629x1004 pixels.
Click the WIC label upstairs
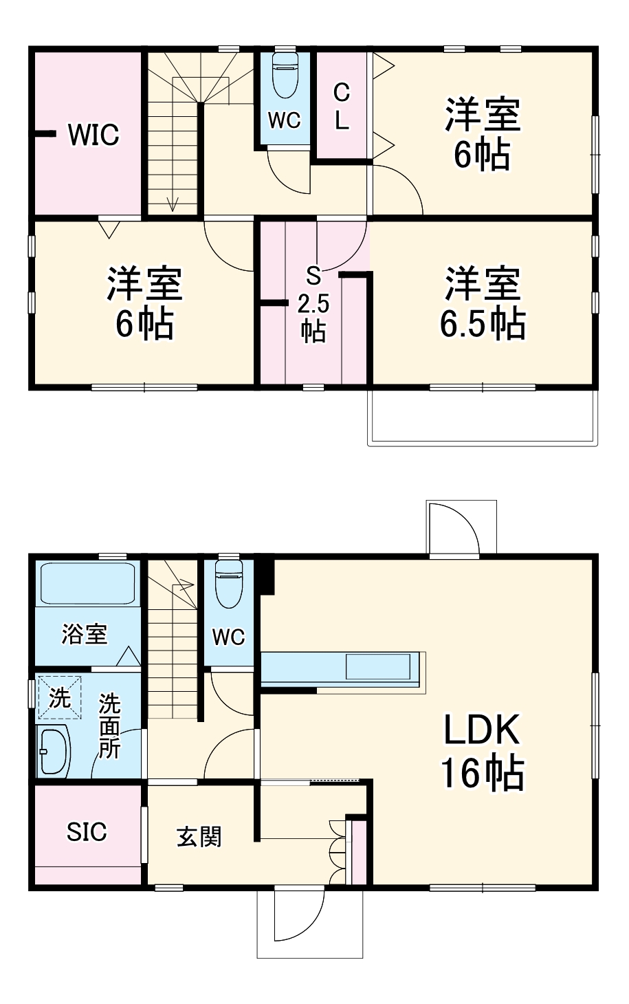[93, 135]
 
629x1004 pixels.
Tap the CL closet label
[342, 107]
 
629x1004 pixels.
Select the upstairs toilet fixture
[285, 76]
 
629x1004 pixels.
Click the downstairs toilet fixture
[228, 584]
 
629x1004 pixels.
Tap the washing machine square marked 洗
[59, 699]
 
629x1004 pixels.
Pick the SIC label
[87, 832]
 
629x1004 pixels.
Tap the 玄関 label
[199, 837]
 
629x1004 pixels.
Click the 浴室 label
[84, 634]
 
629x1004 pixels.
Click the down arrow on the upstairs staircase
[172, 203]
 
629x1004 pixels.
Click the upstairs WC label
[284, 120]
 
